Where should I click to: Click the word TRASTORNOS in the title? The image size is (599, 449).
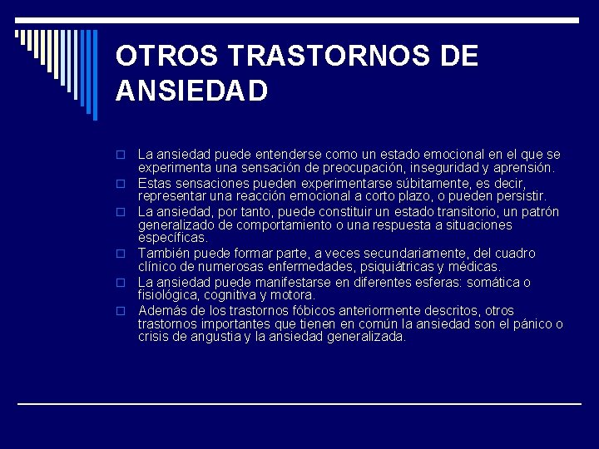pos(332,56)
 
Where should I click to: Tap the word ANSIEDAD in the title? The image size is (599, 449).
pos(192,90)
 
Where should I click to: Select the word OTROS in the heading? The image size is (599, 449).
pos(166,56)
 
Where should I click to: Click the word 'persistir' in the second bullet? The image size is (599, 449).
pos(519,196)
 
